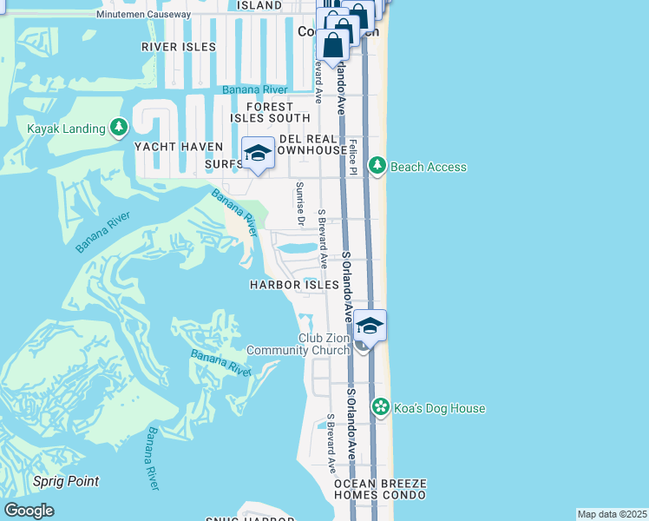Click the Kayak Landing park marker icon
point(119,129)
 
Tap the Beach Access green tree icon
point(377,166)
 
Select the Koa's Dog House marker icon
point(380,407)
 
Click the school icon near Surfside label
point(258,154)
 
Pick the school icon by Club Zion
point(370,326)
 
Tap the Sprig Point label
point(65,481)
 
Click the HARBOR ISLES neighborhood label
point(294,285)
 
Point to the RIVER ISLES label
point(178,47)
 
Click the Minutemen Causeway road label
point(131,15)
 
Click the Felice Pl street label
point(354,158)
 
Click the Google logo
point(29,511)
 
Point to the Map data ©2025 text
point(613,514)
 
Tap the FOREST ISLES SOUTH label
point(270,112)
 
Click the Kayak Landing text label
point(66,129)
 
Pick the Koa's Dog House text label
point(439,408)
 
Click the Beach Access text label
point(429,167)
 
